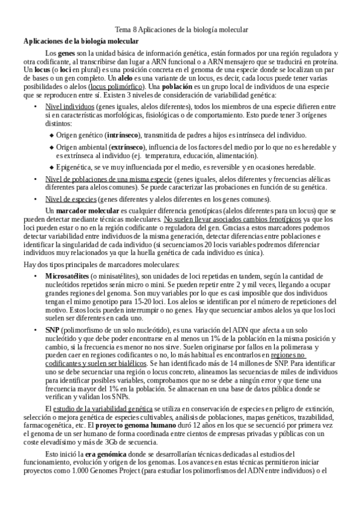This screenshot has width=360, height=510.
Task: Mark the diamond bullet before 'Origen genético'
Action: pyautogui.click(x=51, y=135)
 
